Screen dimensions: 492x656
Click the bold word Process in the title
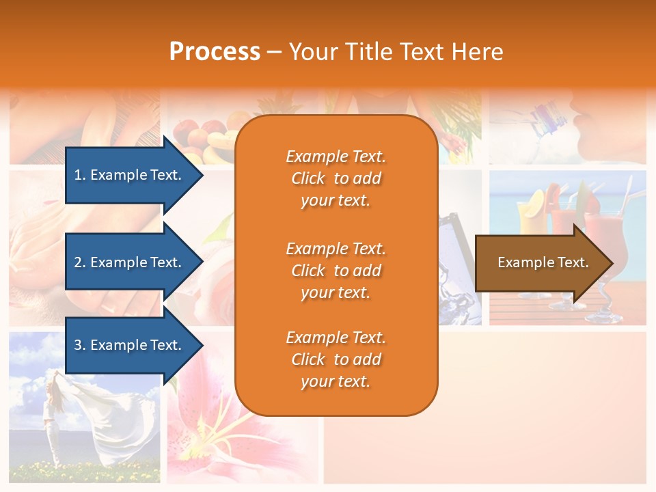point(215,52)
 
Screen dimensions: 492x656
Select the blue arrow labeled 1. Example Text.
point(130,175)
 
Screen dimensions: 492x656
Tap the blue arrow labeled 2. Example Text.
point(130,262)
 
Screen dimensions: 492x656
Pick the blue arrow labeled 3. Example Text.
point(130,345)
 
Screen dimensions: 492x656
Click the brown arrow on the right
point(540,262)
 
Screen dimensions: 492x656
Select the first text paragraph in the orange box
point(336,178)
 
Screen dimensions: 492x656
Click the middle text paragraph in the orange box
point(336,271)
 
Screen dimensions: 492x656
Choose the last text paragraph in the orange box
point(336,359)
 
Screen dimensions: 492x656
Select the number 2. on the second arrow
point(80,262)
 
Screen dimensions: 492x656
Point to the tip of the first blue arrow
point(202,175)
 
